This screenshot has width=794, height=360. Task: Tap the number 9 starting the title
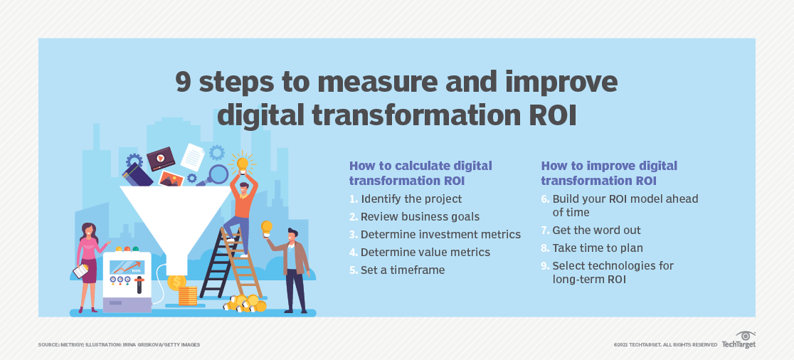[184, 82]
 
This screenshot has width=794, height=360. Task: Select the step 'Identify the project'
[411, 199]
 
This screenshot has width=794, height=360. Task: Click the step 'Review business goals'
[420, 217]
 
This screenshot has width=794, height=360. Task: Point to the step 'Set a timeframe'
[403, 270]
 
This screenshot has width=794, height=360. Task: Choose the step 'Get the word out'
[596, 231]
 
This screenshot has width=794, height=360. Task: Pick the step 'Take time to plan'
[598, 248]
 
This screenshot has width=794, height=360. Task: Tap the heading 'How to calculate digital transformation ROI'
[420, 173]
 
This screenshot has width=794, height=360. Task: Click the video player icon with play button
[161, 159]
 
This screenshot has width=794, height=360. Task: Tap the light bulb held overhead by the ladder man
[243, 164]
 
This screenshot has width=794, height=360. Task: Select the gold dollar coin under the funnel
[176, 282]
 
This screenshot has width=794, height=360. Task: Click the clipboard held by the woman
[81, 271]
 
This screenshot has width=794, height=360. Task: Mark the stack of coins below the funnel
[187, 296]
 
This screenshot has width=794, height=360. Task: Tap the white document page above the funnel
[192, 157]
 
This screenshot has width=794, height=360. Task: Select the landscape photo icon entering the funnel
[171, 179]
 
